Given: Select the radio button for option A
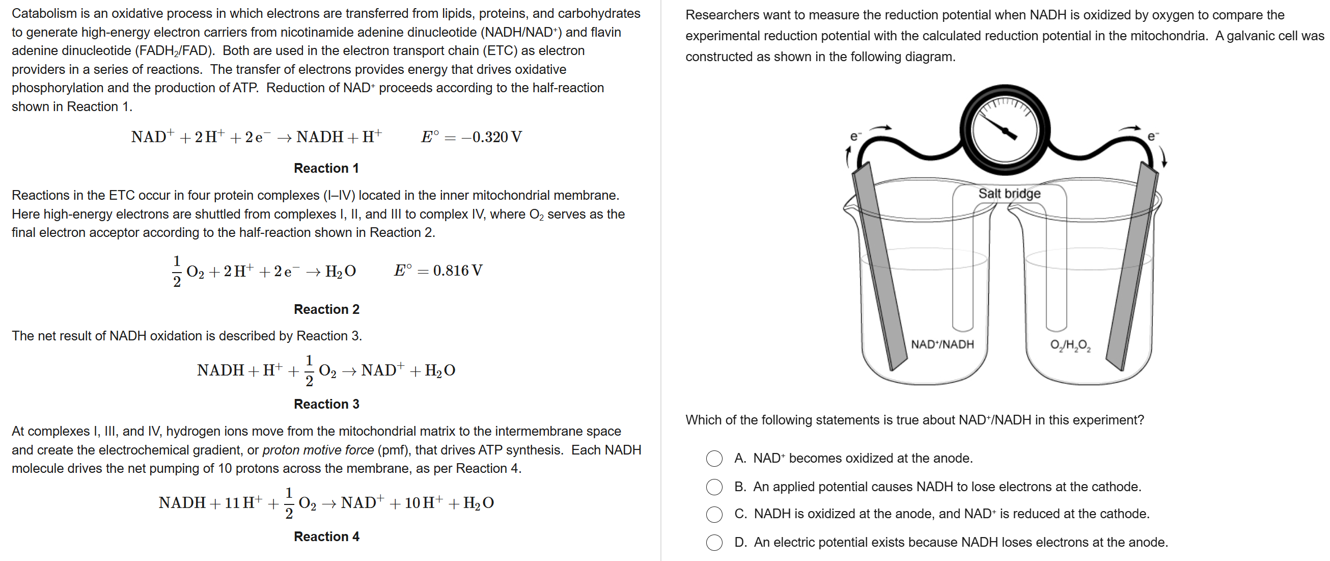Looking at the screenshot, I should tap(714, 458).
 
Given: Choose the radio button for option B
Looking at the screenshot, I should tap(714, 487).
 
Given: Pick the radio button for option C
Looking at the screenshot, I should tap(714, 514).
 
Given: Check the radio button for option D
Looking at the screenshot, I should tap(714, 543).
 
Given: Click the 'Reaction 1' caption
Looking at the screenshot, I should tap(326, 169).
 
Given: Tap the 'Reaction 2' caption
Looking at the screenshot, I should tap(326, 309).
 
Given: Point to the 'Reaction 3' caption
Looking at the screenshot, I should tap(326, 404).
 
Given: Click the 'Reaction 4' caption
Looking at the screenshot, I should tap(326, 537).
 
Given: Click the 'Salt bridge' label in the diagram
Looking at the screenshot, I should tap(1009, 194).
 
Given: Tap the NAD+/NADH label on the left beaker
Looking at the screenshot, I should tap(943, 344).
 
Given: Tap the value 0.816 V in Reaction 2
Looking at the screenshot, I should tap(457, 271).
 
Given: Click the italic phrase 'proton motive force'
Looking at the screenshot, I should tap(318, 450).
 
